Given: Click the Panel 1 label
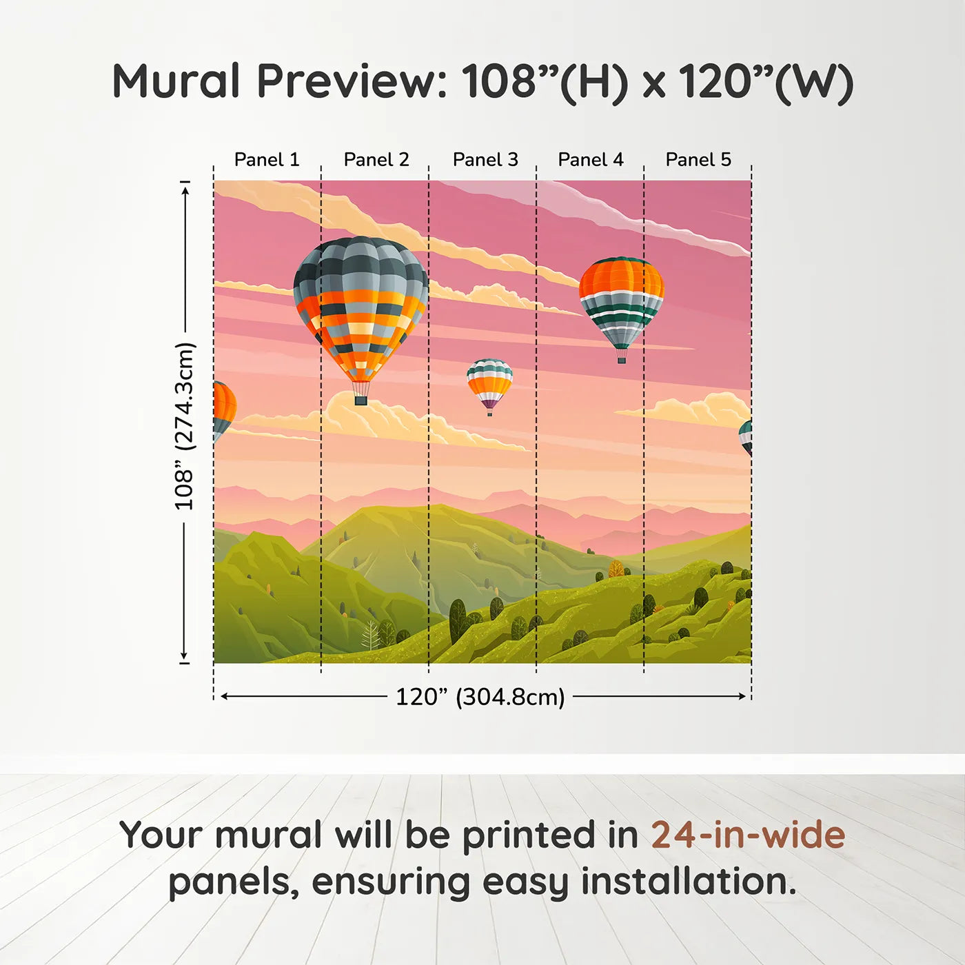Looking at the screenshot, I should click(267, 160).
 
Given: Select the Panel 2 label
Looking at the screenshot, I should click(376, 160).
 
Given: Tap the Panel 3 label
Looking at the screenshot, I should click(485, 160).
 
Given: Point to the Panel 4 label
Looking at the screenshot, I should click(591, 160).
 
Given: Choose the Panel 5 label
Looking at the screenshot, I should click(698, 160).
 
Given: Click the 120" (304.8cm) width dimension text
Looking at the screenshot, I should click(480, 697).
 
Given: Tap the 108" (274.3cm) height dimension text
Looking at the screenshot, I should click(185, 426).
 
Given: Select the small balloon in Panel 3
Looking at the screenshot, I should click(489, 385).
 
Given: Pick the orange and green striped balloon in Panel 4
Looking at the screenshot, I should click(622, 302).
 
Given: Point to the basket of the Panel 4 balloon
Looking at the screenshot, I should click(622, 356).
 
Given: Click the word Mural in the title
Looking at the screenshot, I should click(176, 81).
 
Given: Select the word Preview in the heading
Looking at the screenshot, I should click(352, 81).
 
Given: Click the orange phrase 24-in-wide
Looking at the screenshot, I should click(748, 835).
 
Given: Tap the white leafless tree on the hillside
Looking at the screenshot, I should click(371, 636).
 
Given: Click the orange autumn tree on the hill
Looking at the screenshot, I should click(616, 569).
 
